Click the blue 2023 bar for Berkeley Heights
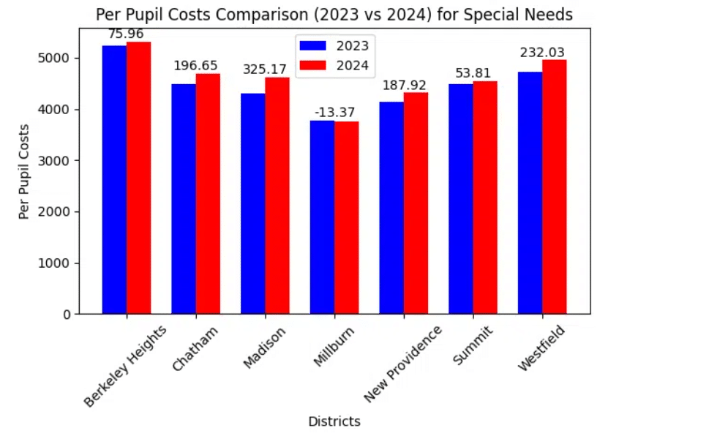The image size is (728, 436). click(x=114, y=180)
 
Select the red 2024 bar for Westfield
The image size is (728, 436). click(x=555, y=187)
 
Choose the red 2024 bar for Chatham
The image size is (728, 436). click(x=208, y=194)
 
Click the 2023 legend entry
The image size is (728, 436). click(x=334, y=45)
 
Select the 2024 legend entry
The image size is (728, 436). click(x=334, y=66)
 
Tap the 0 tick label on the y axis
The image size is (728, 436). click(x=67, y=315)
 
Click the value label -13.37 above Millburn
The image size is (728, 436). click(x=334, y=111)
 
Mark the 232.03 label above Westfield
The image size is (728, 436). click(x=542, y=53)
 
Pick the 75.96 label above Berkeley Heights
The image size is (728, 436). click(x=126, y=34)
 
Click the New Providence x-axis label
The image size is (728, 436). click(x=403, y=364)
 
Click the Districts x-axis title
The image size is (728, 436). click(x=334, y=421)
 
